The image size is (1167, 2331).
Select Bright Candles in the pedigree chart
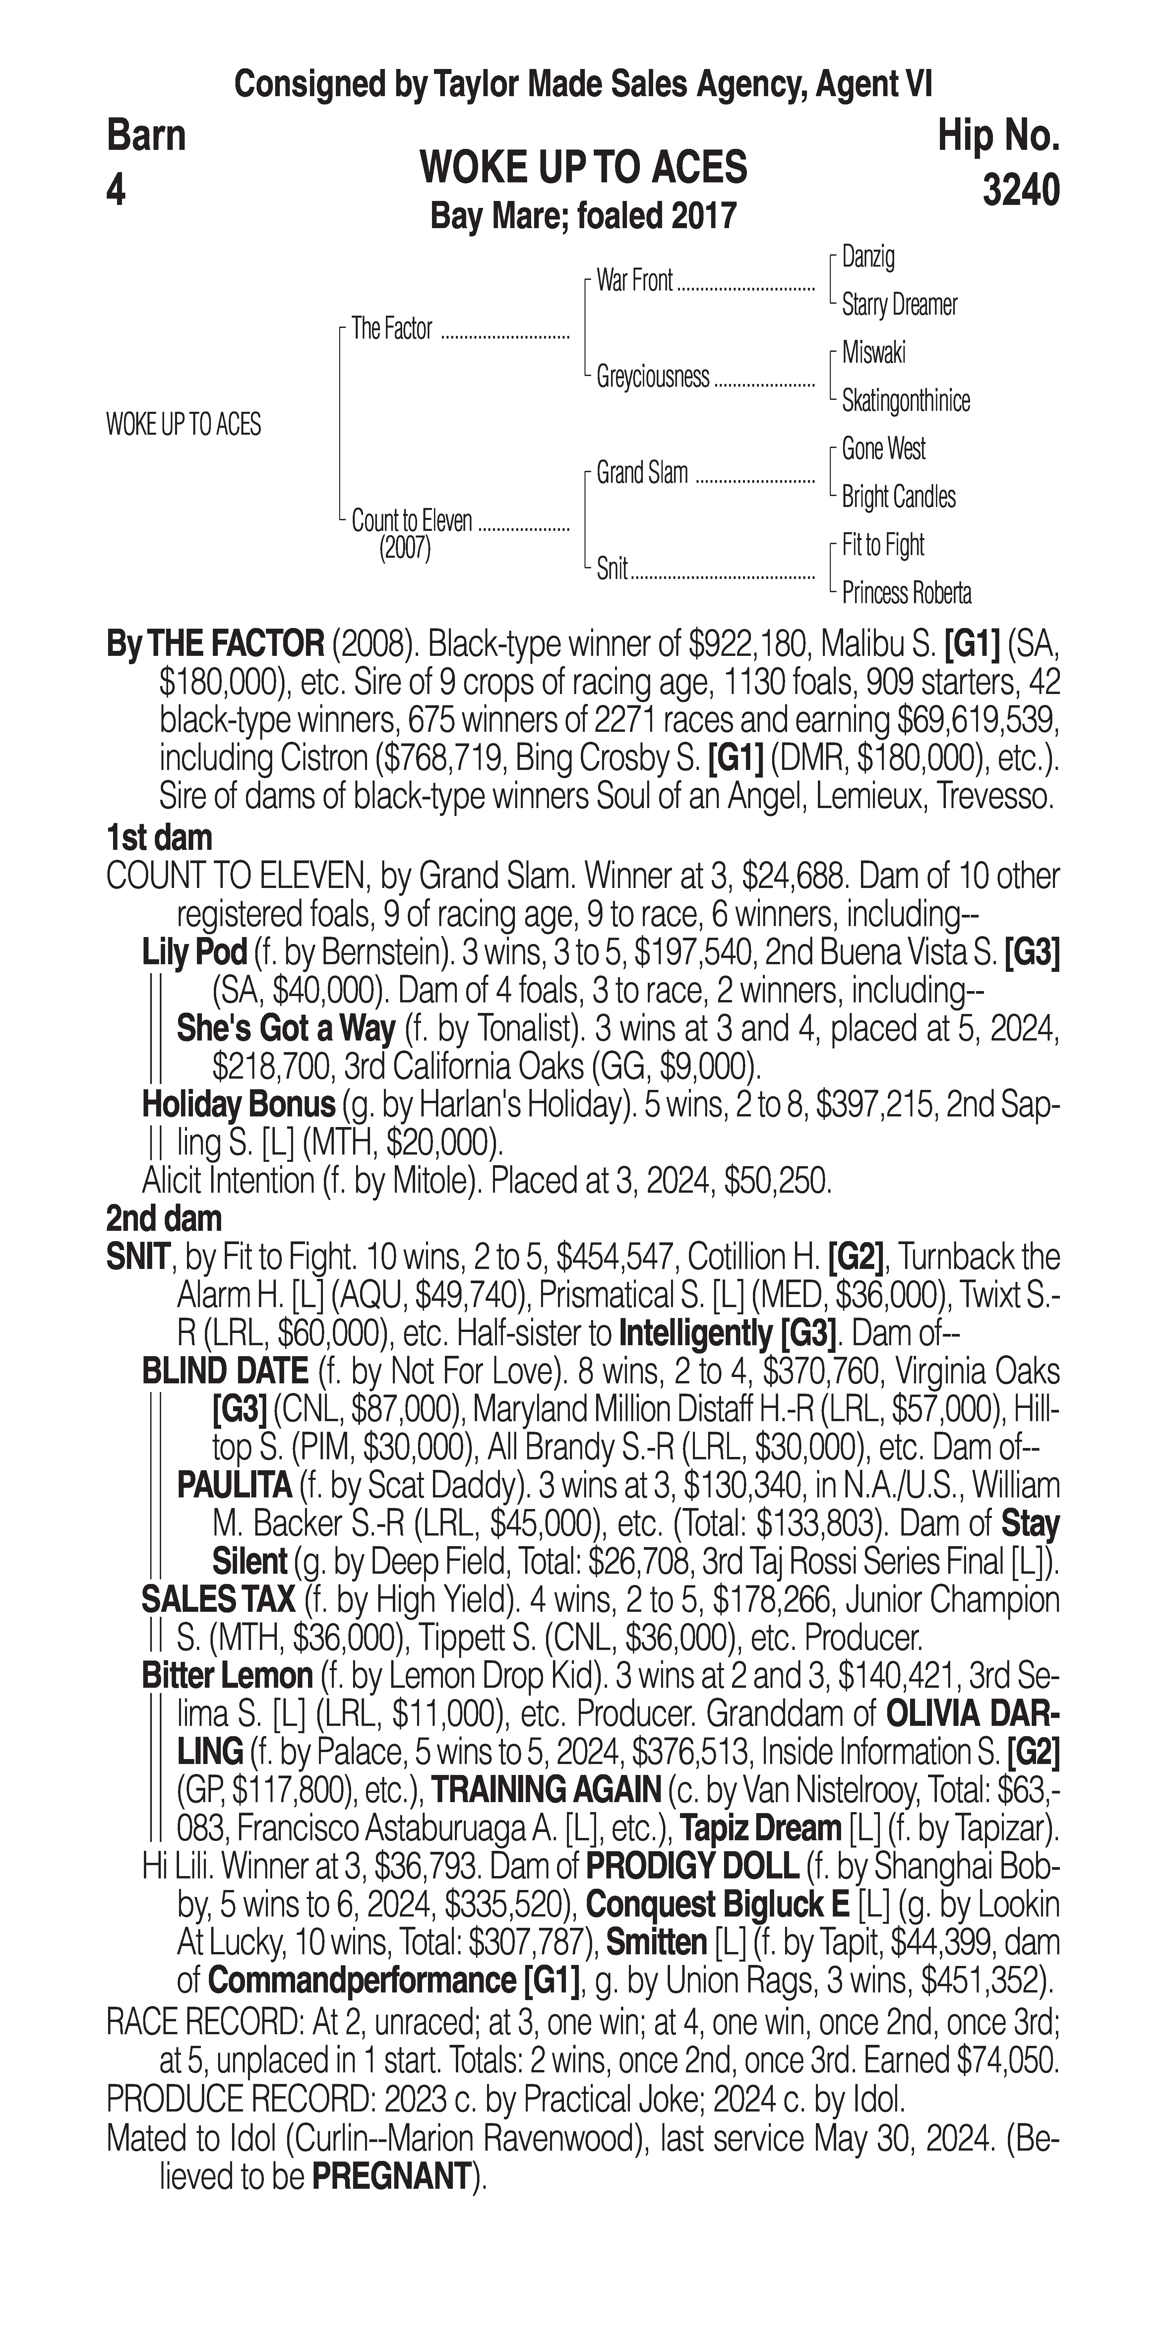pyautogui.click(x=898, y=497)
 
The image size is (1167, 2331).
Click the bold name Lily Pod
pyautogui.click(x=195, y=952)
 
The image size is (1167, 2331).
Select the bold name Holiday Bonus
pyautogui.click(x=239, y=1104)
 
